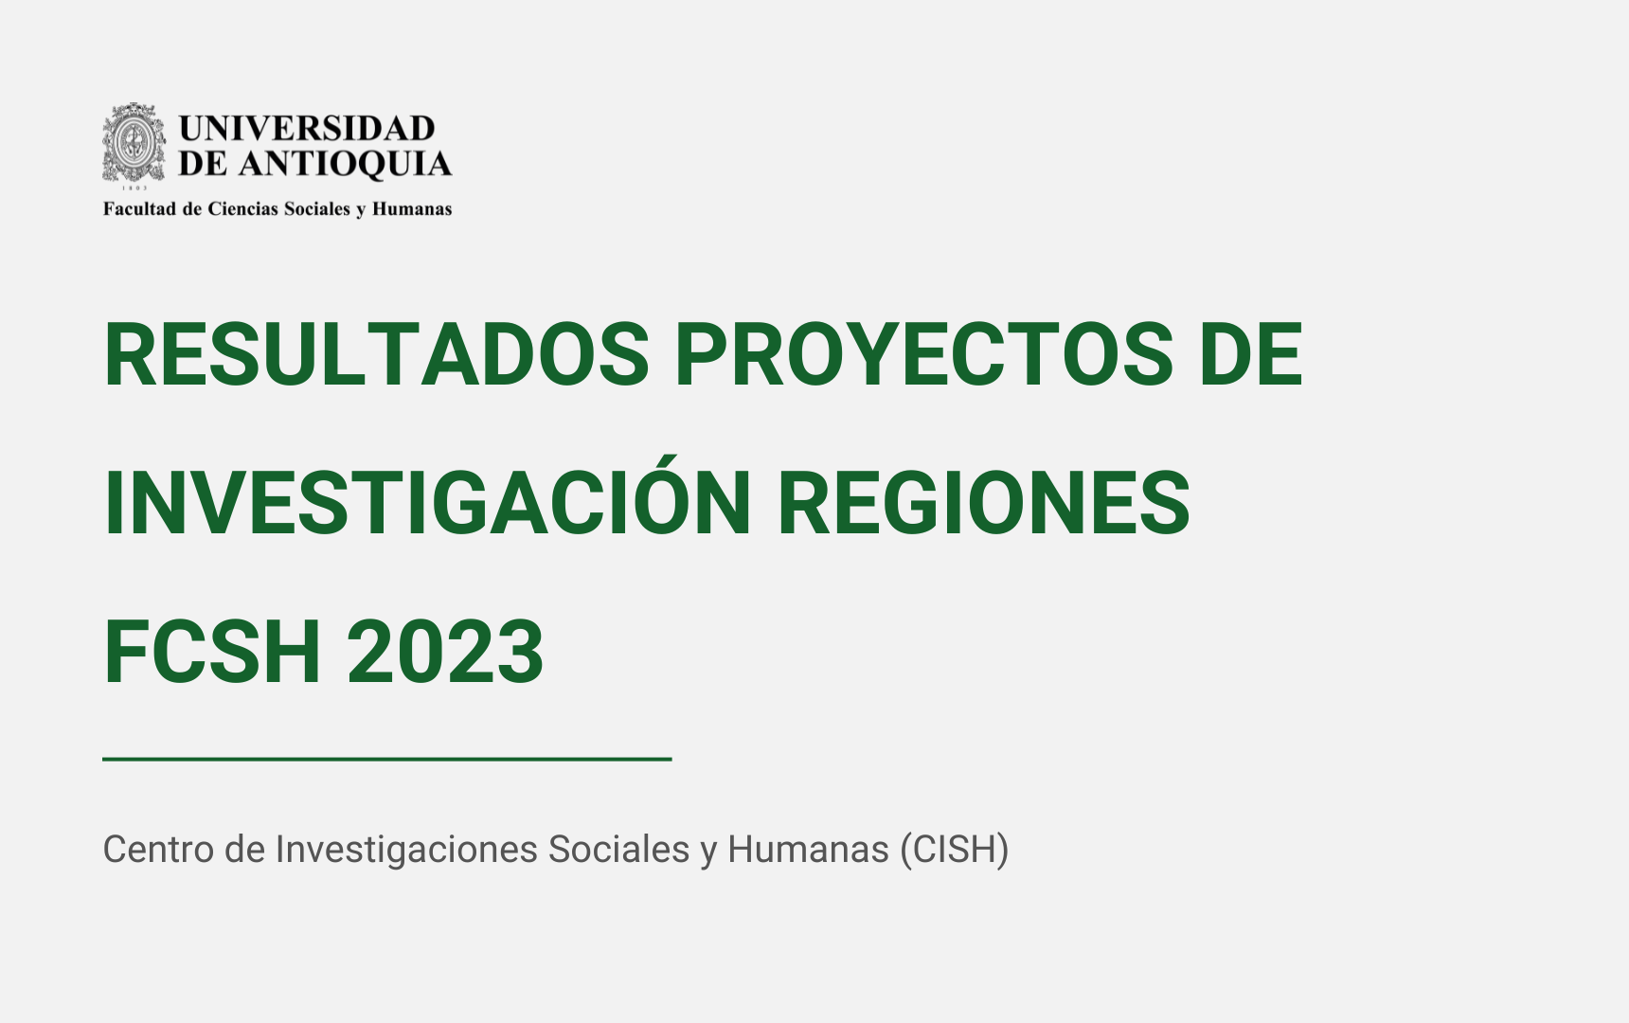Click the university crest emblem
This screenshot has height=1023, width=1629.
pyautogui.click(x=134, y=143)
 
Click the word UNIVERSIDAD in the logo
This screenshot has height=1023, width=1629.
pyautogui.click(x=307, y=128)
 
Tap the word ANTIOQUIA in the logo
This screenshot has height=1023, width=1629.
pyautogui.click(x=345, y=164)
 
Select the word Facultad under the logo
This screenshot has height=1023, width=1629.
pyautogui.click(x=140, y=208)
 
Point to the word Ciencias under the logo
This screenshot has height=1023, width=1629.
pyautogui.click(x=243, y=208)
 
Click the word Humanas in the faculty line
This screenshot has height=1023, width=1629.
pyautogui.click(x=412, y=208)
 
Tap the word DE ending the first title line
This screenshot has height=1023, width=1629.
pyautogui.click(x=1251, y=354)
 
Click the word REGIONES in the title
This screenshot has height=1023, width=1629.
pyautogui.click(x=983, y=502)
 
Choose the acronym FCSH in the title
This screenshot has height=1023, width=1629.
pyautogui.click(x=212, y=651)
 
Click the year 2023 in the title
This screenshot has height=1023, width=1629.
pyautogui.click(x=445, y=651)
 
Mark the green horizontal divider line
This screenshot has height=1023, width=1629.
pyautogui.click(x=387, y=759)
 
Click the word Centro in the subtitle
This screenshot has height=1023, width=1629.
pyautogui.click(x=159, y=850)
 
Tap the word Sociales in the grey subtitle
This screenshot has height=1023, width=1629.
pyautogui.click(x=619, y=850)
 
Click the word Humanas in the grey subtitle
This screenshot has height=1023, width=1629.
pyautogui.click(x=809, y=850)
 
